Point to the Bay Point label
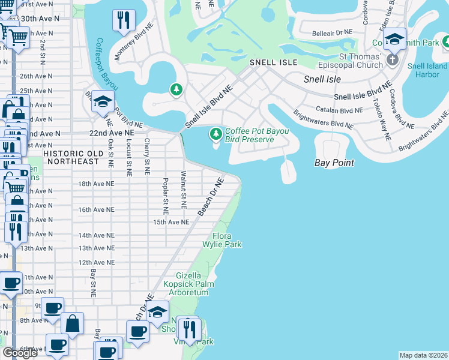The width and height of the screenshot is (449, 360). [334, 163]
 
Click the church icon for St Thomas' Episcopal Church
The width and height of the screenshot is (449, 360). [393, 59]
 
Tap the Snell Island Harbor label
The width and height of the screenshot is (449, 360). [427, 70]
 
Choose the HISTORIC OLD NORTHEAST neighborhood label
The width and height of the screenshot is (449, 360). [71, 157]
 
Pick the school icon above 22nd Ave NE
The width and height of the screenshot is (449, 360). [103, 102]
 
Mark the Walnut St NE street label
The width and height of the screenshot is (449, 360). [184, 189]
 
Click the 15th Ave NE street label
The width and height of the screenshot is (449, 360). [171, 222]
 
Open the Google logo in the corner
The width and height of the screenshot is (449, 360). [20, 353]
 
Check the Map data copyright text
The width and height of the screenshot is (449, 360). [423, 355]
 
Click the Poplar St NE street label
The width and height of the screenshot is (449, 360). [165, 196]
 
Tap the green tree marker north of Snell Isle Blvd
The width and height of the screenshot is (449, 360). [176, 91]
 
